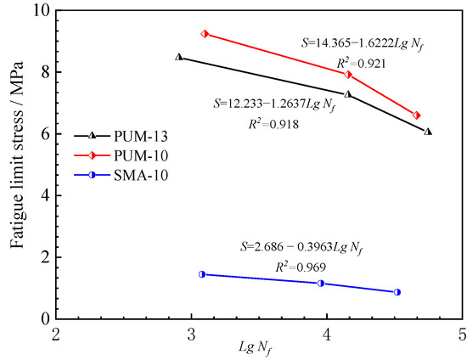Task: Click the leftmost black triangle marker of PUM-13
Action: [x=178, y=57]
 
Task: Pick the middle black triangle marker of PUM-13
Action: [x=347, y=93]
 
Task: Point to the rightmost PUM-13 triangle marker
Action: [x=428, y=132]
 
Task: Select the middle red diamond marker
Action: [x=348, y=75]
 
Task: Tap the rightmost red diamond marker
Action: [x=416, y=115]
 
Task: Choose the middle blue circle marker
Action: [x=321, y=283]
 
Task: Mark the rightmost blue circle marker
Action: [x=397, y=292]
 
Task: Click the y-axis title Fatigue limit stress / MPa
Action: [x=17, y=164]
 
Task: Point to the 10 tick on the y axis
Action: [x=40, y=11]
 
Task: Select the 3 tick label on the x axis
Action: [x=192, y=334]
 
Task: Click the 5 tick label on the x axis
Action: [x=462, y=334]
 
